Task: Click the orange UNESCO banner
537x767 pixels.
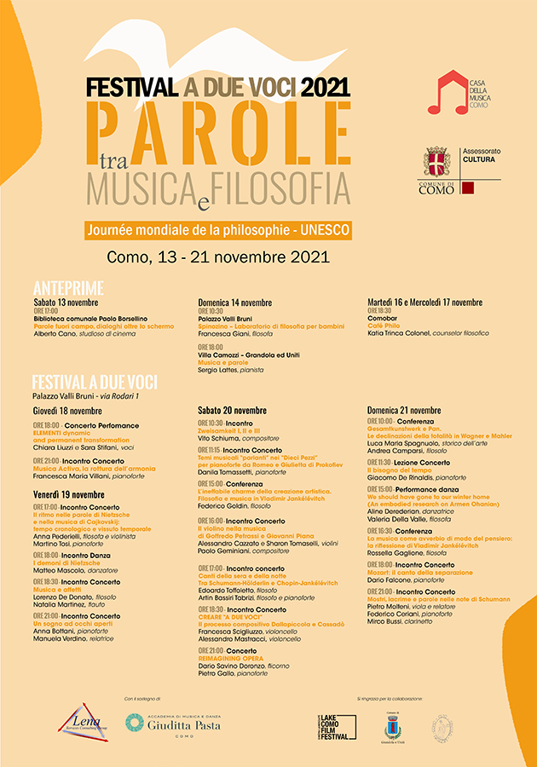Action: point(217,231)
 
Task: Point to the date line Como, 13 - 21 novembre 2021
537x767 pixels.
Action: point(218,257)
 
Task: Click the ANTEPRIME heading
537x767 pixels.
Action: point(68,287)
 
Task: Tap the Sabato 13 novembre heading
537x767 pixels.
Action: point(66,303)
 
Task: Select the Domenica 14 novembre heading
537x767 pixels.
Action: point(235,303)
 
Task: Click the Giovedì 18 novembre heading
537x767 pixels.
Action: point(69,410)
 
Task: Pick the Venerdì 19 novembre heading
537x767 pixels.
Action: point(69,494)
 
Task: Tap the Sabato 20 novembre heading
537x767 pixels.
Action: point(232,410)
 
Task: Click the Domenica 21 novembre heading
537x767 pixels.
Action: point(404,410)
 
